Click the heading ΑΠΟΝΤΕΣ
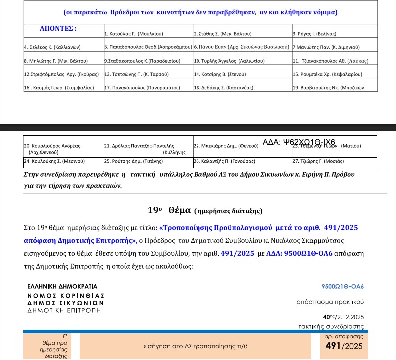coord(58,28)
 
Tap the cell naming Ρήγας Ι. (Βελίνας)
coord(315,34)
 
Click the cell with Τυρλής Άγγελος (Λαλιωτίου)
coord(225,61)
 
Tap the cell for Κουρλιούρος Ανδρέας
coord(52,146)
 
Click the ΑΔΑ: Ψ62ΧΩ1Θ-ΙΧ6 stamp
coord(299,142)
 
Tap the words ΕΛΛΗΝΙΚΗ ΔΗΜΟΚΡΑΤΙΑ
coord(63,287)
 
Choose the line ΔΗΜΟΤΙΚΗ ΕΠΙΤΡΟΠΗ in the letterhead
coord(64,310)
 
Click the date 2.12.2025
coord(351,317)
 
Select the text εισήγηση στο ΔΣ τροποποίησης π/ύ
coord(199,346)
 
